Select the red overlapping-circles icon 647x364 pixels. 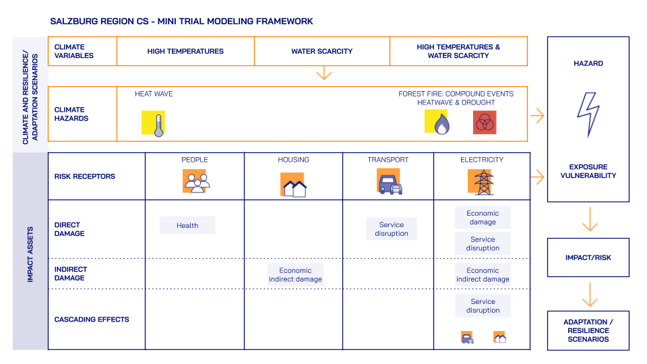tap(484, 123)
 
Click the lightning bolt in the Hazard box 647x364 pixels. tap(588, 115)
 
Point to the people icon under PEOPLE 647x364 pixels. tap(195, 182)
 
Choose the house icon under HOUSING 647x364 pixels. tap(294, 185)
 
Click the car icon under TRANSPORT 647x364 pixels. tap(390, 183)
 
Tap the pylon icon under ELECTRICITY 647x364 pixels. tap(482, 182)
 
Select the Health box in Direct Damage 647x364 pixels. tap(187, 225)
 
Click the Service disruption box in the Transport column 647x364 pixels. tap(392, 229)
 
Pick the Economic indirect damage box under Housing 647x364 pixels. tap(295, 274)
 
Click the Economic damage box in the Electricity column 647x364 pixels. tap(483, 218)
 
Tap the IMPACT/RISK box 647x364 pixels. tap(588, 257)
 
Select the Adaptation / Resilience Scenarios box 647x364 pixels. tap(588, 330)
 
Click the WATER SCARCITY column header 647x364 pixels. tap(321, 51)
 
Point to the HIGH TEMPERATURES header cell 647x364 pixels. tap(185, 51)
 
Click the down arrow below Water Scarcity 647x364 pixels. tap(324, 73)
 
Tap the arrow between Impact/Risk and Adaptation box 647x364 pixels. tap(590, 295)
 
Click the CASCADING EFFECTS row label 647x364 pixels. tap(92, 320)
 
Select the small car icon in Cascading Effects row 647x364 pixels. tap(467, 338)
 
